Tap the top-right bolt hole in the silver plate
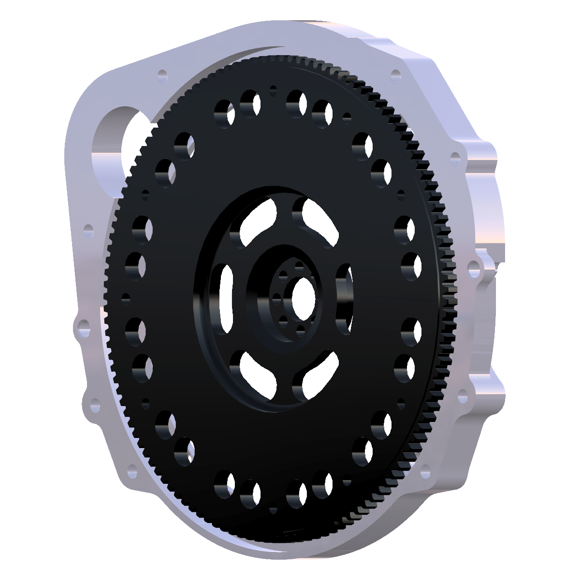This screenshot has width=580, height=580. [396, 75]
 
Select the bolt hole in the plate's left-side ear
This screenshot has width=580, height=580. [83, 328]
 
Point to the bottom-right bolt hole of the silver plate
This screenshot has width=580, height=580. [425, 471]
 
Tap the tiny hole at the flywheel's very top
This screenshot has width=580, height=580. [274, 90]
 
